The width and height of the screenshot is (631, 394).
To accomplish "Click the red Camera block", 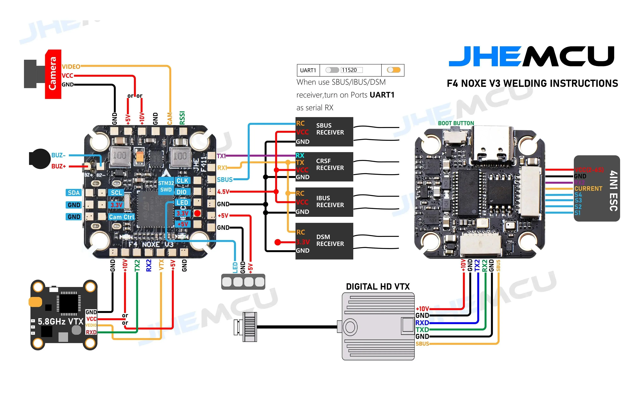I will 53,74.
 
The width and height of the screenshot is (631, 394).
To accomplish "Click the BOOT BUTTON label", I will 456,123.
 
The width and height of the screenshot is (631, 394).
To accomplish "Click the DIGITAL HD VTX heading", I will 377,287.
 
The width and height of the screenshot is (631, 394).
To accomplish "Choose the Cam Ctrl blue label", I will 121,217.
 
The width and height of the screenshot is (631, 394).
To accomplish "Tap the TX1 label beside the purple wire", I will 221,156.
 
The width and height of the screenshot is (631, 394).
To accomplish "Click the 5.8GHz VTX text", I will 60,321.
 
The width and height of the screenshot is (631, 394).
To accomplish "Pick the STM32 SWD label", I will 166,186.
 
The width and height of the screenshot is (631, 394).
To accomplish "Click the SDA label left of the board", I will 74,193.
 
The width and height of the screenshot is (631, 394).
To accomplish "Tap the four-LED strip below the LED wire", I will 243,282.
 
